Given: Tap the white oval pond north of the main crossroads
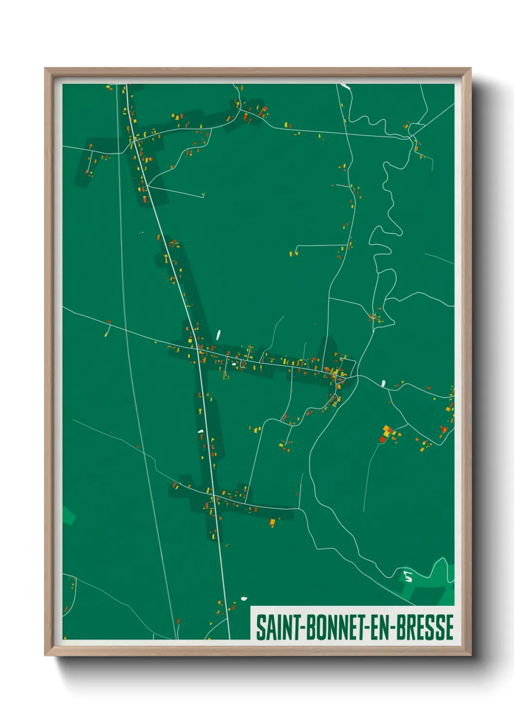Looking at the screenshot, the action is (218, 335).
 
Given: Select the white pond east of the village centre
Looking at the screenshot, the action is (383, 383).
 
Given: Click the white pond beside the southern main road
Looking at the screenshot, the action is (200, 431).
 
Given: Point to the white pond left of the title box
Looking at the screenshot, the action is (244, 598).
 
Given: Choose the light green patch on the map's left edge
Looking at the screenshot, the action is (69, 515).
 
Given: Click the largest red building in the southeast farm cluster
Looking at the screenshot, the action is (382, 440).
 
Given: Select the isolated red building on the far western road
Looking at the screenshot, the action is (109, 322).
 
